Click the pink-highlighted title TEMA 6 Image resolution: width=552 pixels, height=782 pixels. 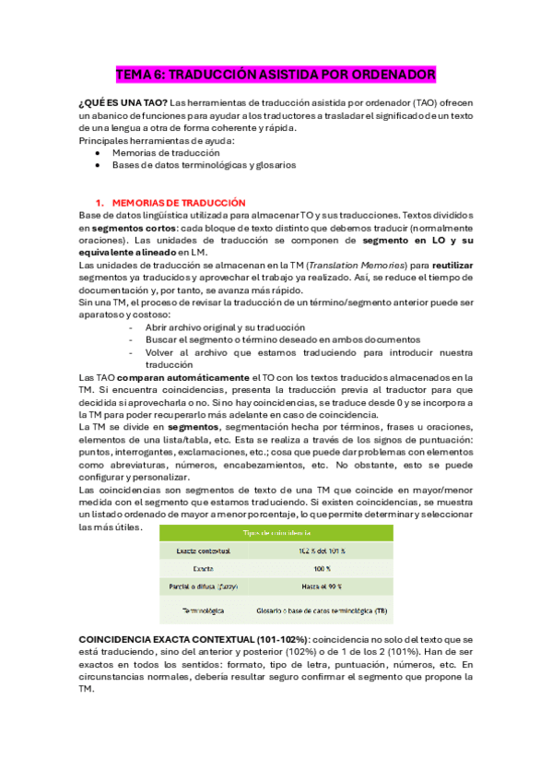(x=276, y=74)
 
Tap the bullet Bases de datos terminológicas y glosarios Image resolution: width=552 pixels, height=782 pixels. (x=204, y=166)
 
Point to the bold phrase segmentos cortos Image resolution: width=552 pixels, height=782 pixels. (x=137, y=228)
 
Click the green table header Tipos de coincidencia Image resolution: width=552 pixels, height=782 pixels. (x=276, y=532)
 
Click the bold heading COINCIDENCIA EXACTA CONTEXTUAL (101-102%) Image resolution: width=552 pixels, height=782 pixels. (x=194, y=638)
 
